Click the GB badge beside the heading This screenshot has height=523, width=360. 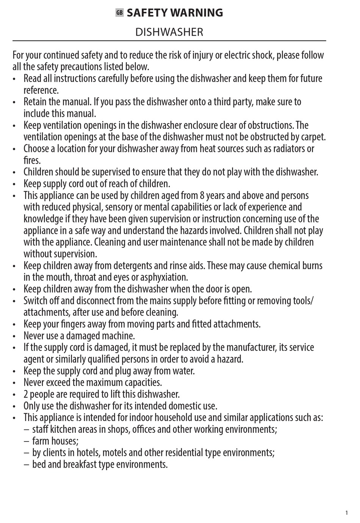point(120,13)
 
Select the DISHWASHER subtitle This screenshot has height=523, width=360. point(169,32)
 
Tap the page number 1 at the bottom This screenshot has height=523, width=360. point(346,513)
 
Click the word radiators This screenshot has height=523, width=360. point(289,149)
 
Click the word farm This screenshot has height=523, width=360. point(41,441)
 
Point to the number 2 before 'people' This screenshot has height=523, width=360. point(26,394)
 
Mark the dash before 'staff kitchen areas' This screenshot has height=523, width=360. point(26,430)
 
